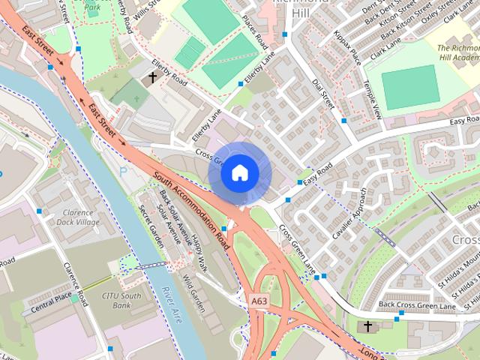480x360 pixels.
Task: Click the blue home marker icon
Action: point(239,173)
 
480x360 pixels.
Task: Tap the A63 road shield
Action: point(259,300)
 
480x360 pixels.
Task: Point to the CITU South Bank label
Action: point(121,300)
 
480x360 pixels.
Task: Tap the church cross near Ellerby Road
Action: point(153,76)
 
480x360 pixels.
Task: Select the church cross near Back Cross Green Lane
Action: point(367,326)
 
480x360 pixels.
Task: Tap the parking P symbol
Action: point(123,171)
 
